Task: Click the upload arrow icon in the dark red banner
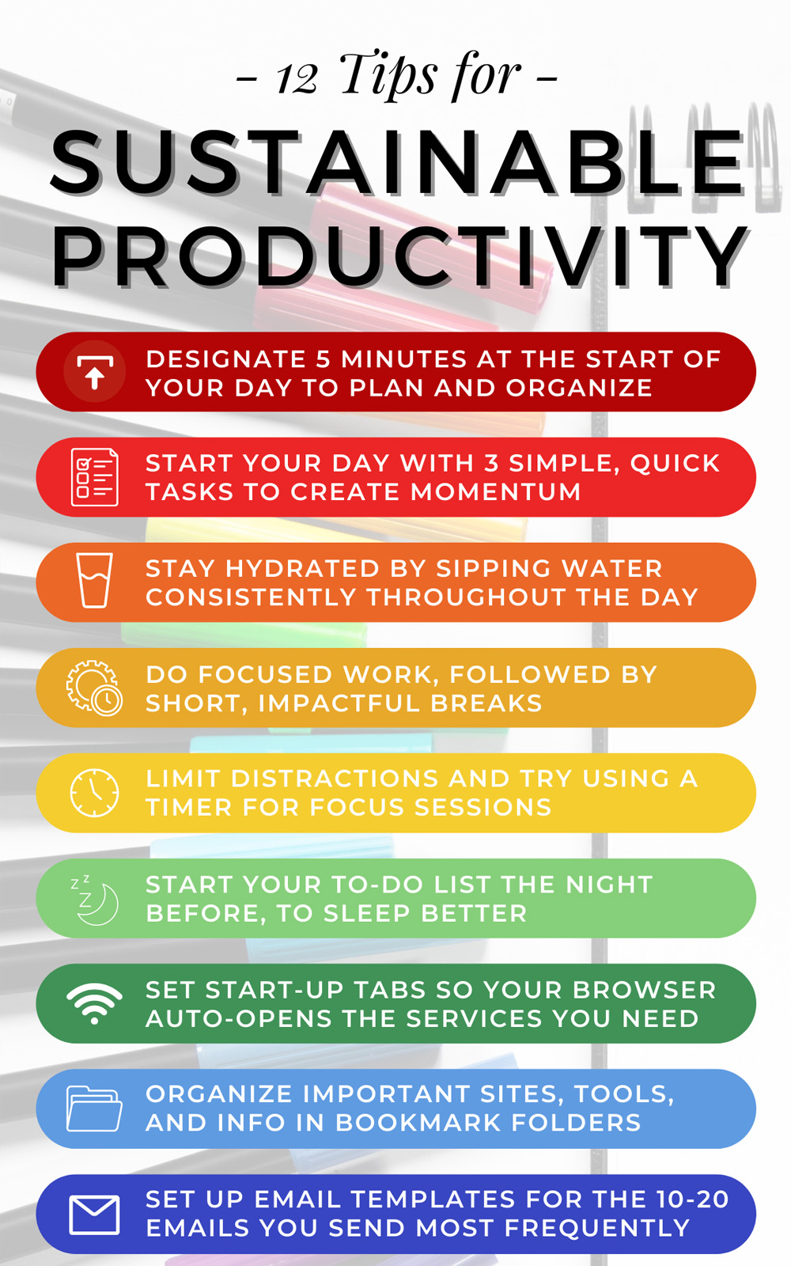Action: coord(94,372)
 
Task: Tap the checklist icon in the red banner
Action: coord(94,477)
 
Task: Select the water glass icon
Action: coord(94,581)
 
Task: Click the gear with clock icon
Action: coord(94,688)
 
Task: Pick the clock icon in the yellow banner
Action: coord(94,792)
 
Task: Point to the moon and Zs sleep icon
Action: coord(94,900)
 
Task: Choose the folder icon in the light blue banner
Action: coord(94,1109)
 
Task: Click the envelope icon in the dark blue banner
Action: coord(94,1215)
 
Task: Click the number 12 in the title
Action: coord(297,78)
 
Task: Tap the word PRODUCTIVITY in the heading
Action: coord(400,256)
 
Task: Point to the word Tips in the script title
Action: coord(389,74)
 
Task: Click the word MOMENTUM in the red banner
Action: coord(495,491)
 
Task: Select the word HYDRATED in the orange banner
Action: coord(302,569)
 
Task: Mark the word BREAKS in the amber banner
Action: coord(486,703)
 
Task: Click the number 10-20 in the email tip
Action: coord(692,1200)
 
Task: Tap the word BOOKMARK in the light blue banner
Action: coord(418,1123)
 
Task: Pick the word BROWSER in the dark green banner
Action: coord(645,990)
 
